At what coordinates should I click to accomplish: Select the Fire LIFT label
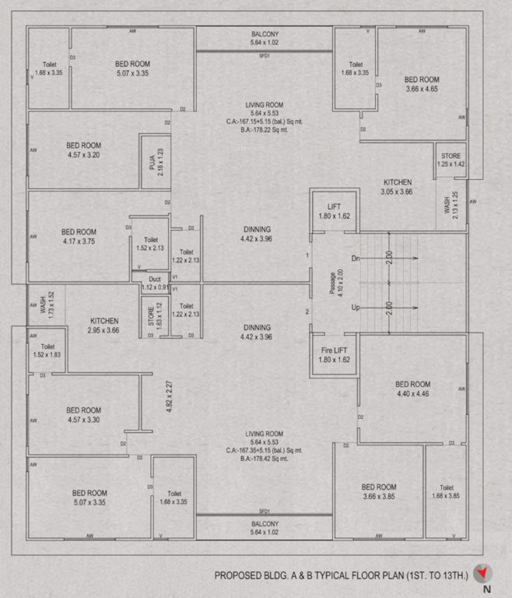[x=335, y=355]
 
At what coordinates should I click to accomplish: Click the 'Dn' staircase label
[x=356, y=258]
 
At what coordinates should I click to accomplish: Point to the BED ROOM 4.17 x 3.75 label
[x=79, y=236]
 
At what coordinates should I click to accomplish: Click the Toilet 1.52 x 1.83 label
[x=47, y=350]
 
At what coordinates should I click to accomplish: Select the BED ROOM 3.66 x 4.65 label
[x=422, y=84]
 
